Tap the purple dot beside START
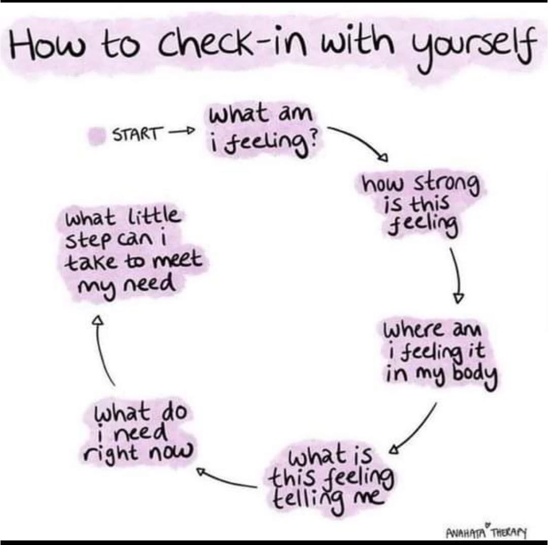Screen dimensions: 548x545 [x=96, y=136]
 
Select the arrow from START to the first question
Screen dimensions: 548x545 [x=181, y=132]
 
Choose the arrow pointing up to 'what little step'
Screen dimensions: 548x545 [x=102, y=350]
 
